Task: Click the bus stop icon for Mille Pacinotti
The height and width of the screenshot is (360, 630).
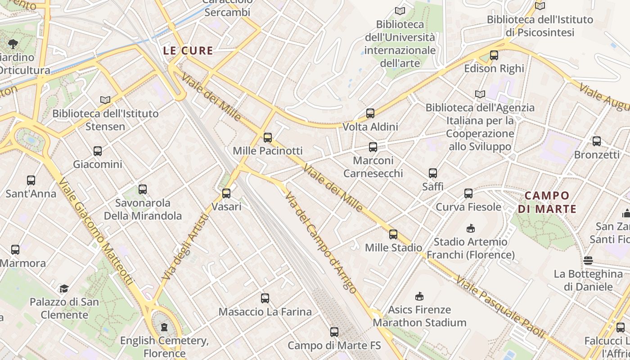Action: tap(268, 138)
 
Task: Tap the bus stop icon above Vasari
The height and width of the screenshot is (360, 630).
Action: tap(226, 193)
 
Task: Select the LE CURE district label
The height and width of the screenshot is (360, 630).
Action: tap(188, 51)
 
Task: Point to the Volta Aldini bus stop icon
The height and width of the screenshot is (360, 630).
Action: tap(370, 113)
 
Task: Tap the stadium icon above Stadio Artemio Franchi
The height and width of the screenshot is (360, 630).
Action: tap(471, 229)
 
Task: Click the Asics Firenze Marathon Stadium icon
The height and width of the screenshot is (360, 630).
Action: tap(419, 296)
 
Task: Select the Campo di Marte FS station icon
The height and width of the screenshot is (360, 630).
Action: tap(334, 332)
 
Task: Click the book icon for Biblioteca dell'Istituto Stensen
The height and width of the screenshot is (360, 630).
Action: tap(105, 100)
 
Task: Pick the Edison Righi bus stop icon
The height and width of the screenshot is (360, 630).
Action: tap(494, 55)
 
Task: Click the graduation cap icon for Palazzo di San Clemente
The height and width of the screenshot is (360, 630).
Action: tap(64, 288)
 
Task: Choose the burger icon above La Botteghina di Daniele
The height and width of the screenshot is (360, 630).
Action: tap(588, 261)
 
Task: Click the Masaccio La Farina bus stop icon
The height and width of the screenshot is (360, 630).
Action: tap(265, 298)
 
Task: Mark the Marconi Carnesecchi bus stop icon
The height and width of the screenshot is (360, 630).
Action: tap(373, 147)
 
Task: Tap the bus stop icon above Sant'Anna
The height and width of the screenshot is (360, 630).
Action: tap(31, 180)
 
